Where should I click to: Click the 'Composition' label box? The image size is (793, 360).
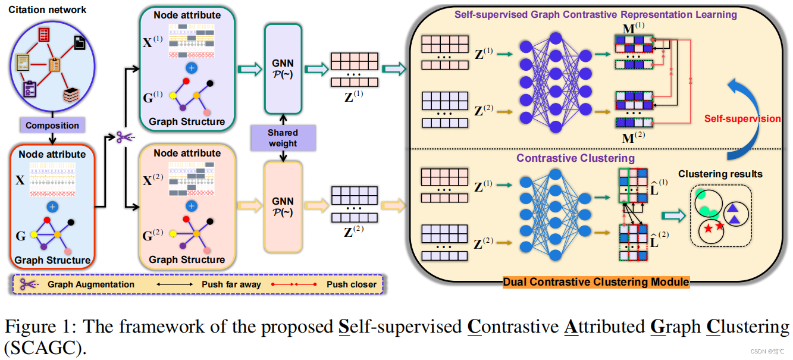(x=52, y=126)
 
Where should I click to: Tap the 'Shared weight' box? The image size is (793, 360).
(x=283, y=137)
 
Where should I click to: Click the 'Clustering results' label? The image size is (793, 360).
(x=720, y=174)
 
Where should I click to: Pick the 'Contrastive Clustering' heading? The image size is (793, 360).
(x=575, y=158)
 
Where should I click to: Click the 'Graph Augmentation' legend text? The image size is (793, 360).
(x=91, y=284)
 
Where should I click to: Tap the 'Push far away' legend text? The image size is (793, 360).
(x=231, y=284)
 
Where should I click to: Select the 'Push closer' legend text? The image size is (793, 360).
(x=351, y=284)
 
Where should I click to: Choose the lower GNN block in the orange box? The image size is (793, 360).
(x=282, y=206)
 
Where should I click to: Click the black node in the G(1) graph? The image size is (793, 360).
(x=210, y=83)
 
